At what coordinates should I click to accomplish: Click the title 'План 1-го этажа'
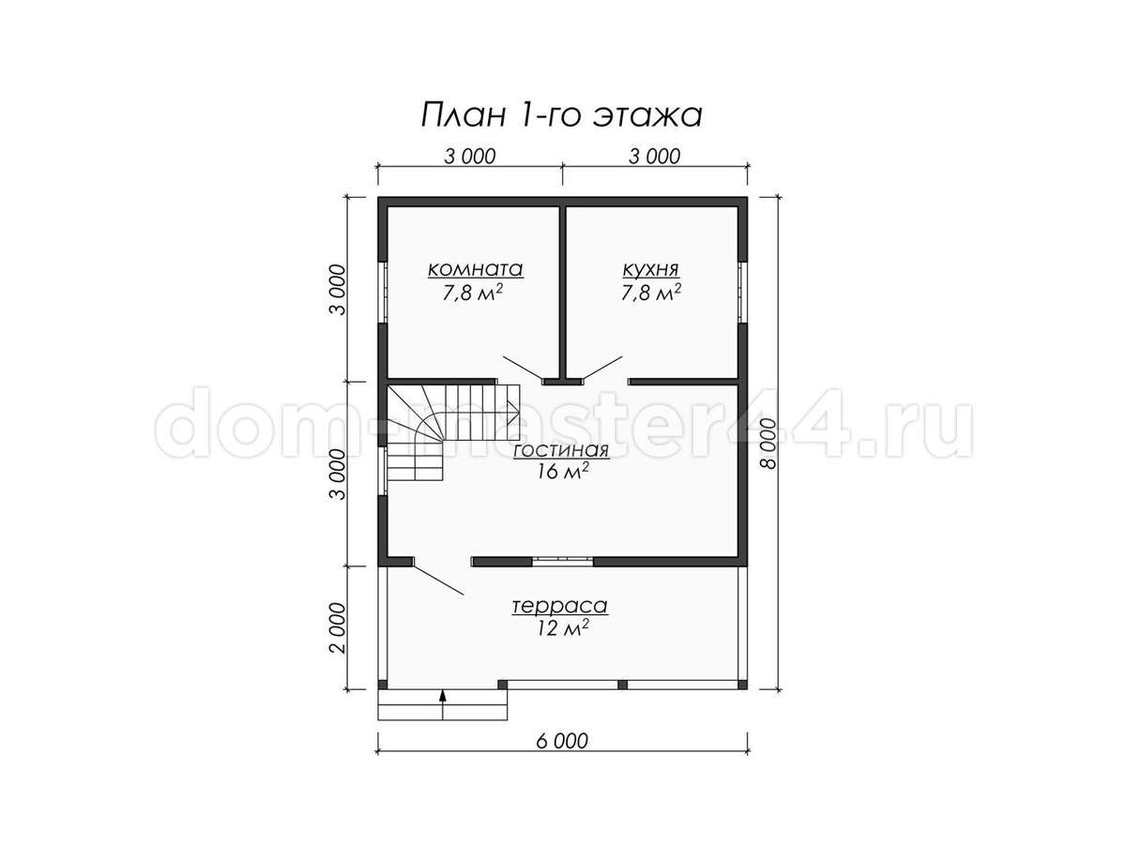click(x=561, y=115)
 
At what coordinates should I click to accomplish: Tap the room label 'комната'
click(x=475, y=269)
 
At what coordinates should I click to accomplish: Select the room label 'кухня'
click(x=650, y=269)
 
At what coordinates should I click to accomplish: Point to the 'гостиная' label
click(x=561, y=450)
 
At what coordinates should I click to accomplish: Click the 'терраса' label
click(x=559, y=606)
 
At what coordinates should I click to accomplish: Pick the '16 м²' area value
click(x=562, y=471)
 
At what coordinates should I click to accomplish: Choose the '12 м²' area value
click(x=562, y=627)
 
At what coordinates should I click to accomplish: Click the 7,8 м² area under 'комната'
click(x=472, y=293)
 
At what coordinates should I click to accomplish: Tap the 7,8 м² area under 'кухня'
click(x=651, y=293)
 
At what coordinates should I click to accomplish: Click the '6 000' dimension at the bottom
click(x=562, y=741)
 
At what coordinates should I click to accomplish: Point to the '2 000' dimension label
click(x=339, y=628)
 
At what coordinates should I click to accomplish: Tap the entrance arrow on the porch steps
click(x=443, y=705)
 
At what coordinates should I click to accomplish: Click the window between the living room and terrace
click(x=562, y=561)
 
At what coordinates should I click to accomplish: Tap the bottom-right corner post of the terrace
click(x=742, y=685)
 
